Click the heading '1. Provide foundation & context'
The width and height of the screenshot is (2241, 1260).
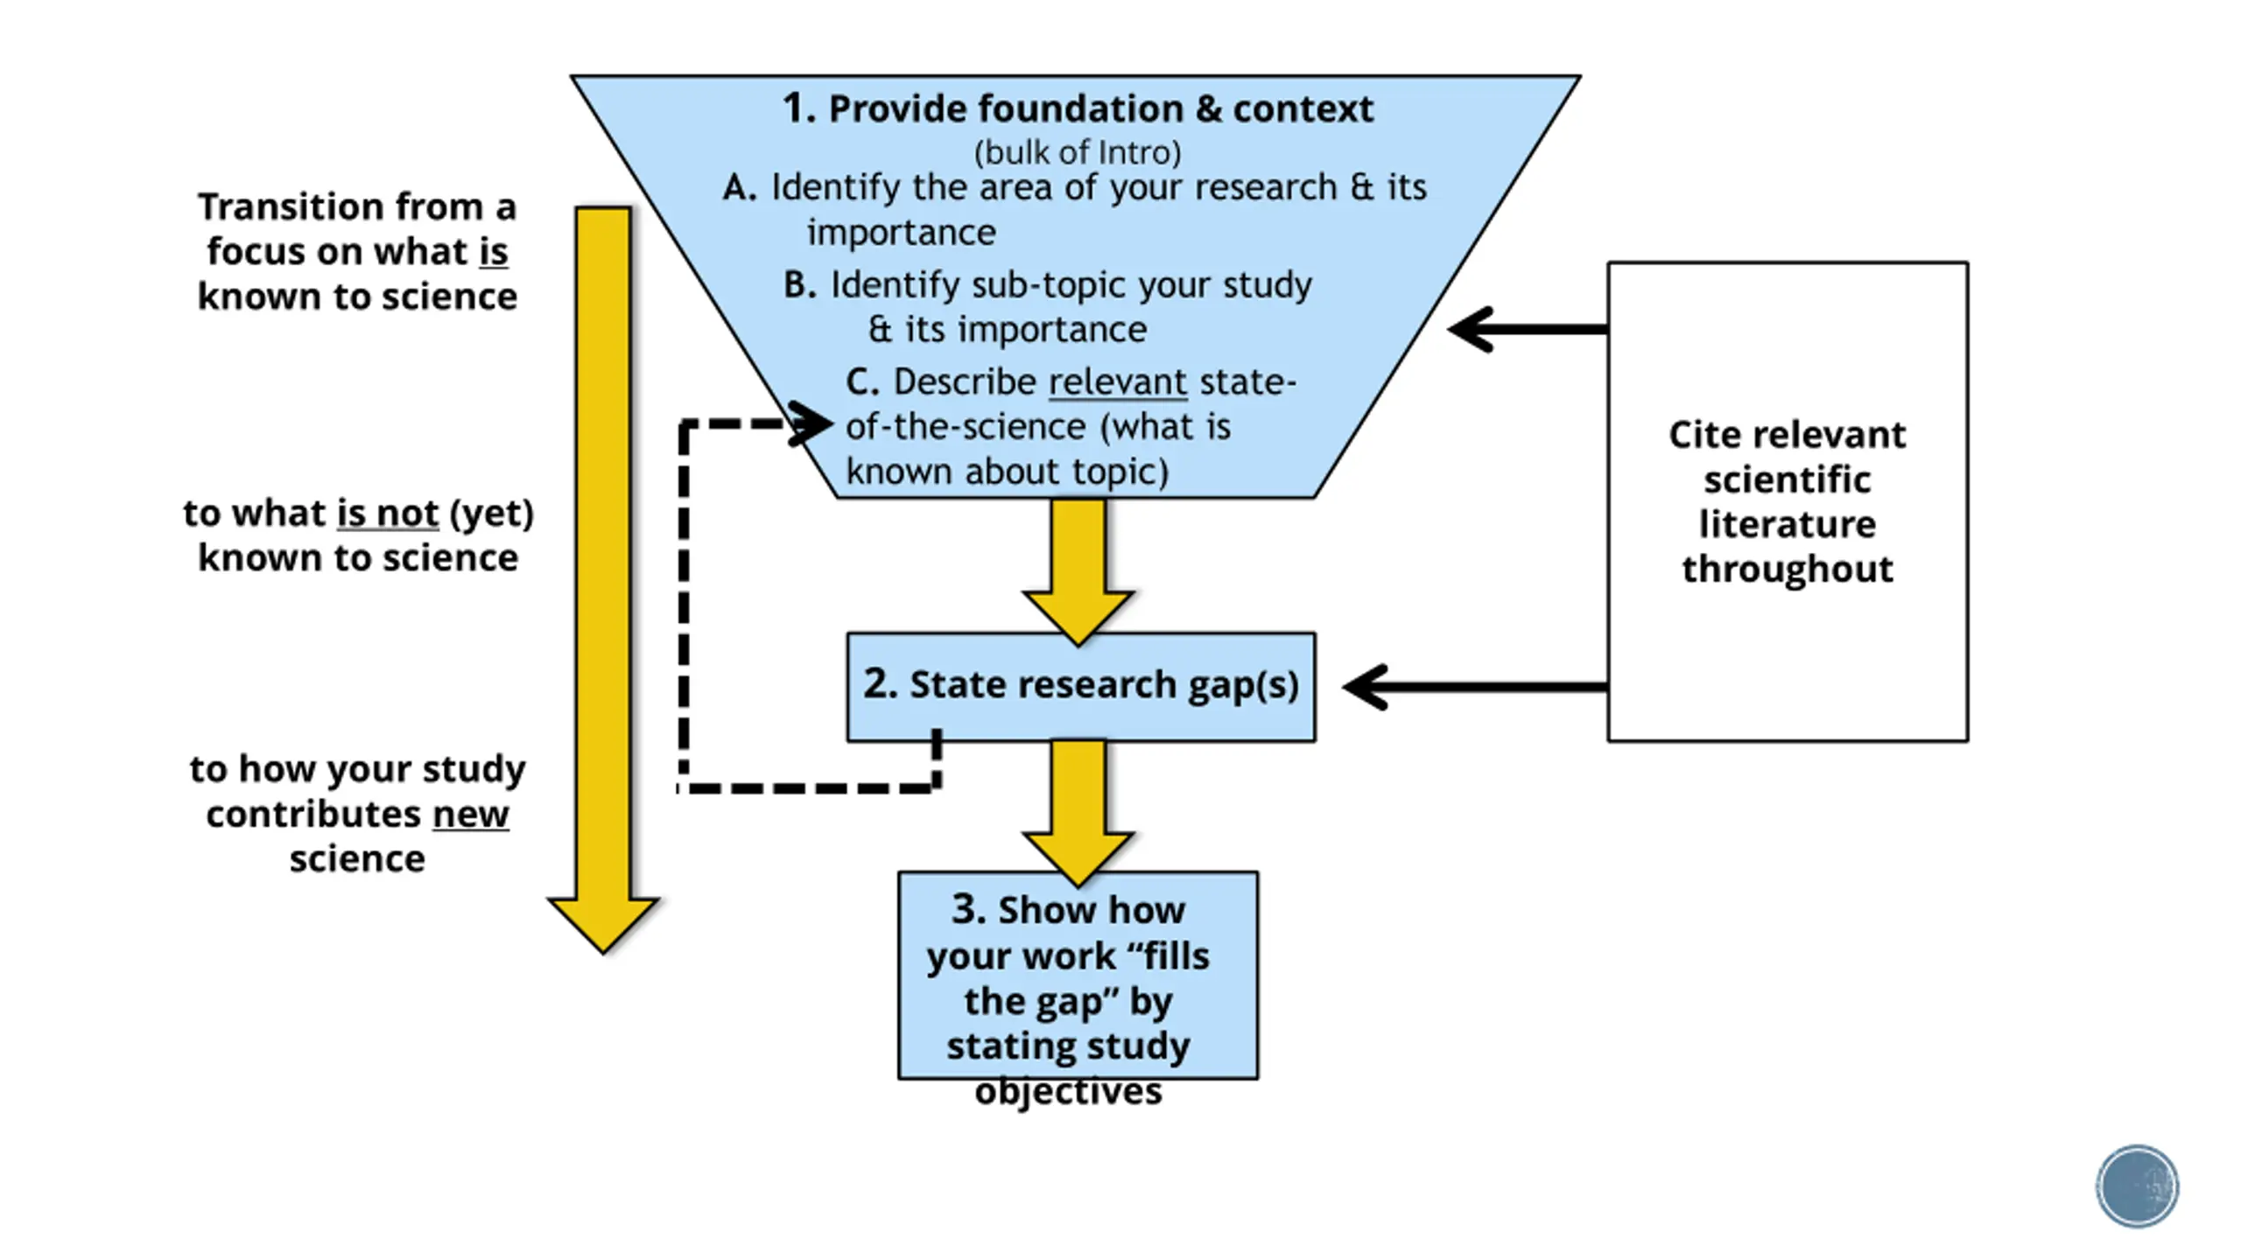pos(1077,108)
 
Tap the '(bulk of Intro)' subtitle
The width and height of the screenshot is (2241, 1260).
pos(1077,152)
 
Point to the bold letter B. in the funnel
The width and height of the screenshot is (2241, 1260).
pos(799,284)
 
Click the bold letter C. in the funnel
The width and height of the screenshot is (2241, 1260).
pos(861,381)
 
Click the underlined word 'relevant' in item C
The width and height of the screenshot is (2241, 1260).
pos(1117,381)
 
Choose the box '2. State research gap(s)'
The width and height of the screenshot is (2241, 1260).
pos(1080,686)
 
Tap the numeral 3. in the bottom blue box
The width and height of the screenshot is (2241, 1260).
pos(969,909)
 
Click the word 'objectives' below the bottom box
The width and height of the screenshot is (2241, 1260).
pos(1068,1091)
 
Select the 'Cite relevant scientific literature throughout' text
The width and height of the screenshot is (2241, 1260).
pos(1787,501)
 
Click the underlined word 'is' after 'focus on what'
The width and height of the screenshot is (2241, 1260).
pos(493,252)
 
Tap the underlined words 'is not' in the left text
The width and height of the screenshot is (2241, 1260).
pos(387,513)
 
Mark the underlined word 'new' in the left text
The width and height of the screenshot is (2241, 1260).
pos(470,815)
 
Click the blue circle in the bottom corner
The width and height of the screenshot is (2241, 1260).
pos(2137,1186)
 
